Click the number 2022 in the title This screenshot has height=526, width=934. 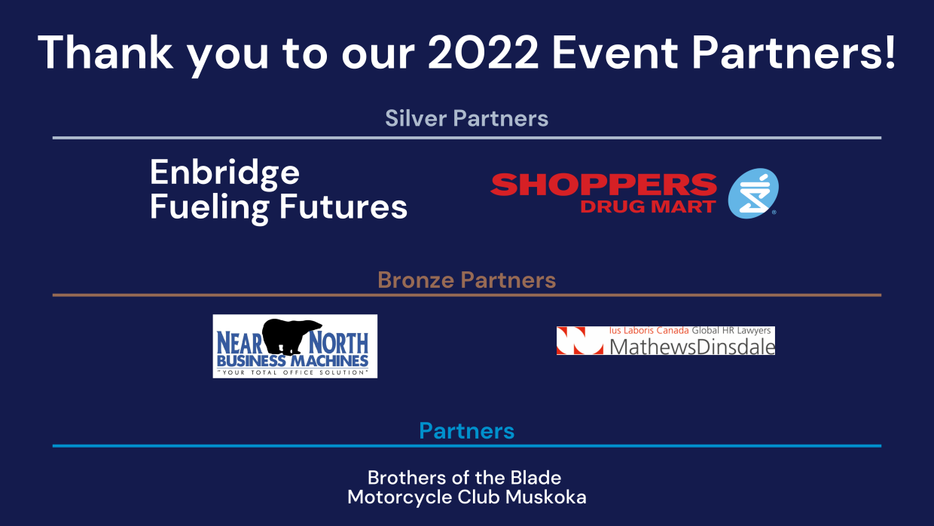click(x=483, y=53)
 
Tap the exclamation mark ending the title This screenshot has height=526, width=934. click(x=890, y=52)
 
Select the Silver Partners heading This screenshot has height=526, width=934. click(x=466, y=118)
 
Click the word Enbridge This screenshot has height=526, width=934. click(x=224, y=174)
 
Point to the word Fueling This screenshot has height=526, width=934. click(x=209, y=208)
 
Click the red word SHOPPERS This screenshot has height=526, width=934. click(x=603, y=185)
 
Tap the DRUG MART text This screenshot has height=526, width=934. click(x=649, y=206)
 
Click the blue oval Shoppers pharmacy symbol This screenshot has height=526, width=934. click(x=753, y=193)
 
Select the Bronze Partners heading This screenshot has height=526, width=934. click(x=466, y=280)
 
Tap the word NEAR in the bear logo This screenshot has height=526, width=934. click(x=240, y=344)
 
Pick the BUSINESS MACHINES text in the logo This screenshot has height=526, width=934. click(x=293, y=361)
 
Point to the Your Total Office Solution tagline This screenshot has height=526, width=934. click(x=293, y=372)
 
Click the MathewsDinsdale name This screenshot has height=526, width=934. click(x=692, y=347)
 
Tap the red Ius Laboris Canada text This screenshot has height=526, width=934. click(x=649, y=330)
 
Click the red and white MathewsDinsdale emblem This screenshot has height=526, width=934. click(x=580, y=341)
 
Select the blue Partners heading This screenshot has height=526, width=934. click(x=466, y=430)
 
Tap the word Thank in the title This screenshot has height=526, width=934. click(x=105, y=52)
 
